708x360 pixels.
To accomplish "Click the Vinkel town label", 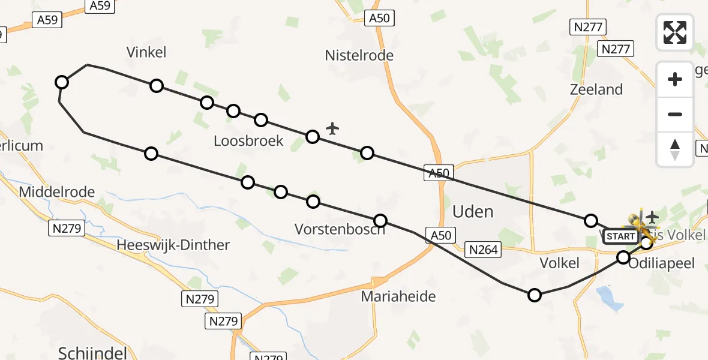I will tap(146, 53).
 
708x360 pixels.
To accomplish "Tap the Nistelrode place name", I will tap(359, 56).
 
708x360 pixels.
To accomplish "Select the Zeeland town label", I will tap(596, 90).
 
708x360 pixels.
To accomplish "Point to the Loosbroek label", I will tap(248, 141).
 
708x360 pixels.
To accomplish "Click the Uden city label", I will tap(473, 211).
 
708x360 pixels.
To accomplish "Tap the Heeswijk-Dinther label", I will tap(173, 245).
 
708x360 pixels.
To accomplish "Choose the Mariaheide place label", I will tap(398, 296).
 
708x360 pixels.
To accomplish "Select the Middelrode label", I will tap(57, 193).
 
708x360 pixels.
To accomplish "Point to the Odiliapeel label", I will tap(663, 263).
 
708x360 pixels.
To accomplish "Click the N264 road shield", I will tap(484, 250).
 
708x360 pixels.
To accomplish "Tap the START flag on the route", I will tap(620, 236).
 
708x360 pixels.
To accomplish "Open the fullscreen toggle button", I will tap(675, 32).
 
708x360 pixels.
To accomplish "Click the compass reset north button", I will tap(675, 149).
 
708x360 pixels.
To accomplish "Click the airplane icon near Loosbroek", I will tap(332, 128).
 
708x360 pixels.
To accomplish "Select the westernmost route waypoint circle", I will tap(61, 82).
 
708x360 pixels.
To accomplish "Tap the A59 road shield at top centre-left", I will tap(100, 5).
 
